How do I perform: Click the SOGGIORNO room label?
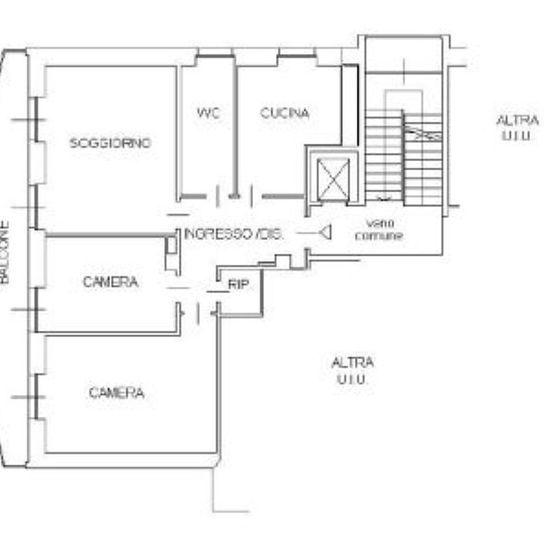point(110,143)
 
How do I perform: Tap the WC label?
point(208,113)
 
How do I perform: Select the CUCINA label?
point(284,113)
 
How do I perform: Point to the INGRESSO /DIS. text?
point(233,234)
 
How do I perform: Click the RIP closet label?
point(238,284)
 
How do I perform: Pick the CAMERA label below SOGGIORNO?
point(110,282)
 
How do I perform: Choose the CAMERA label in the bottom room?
point(116,393)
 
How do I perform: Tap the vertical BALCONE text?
point(4,252)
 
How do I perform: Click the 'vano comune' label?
point(379,230)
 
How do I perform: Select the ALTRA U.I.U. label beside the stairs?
point(517,128)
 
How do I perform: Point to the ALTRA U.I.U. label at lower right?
point(352,371)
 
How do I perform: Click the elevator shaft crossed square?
point(333,179)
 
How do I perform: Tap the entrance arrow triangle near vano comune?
point(325,232)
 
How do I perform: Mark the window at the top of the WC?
point(215,55)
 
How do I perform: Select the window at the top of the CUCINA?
point(297,55)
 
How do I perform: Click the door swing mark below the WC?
point(218,196)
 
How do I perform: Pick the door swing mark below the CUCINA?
point(251,196)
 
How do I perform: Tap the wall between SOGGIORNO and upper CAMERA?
point(110,235)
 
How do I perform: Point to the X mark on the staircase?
point(422,134)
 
